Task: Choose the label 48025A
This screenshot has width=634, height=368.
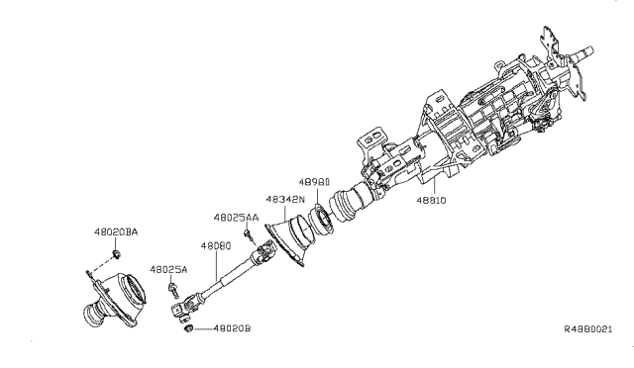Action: (x=168, y=268)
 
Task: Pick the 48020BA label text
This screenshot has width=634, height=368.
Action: (x=116, y=231)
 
